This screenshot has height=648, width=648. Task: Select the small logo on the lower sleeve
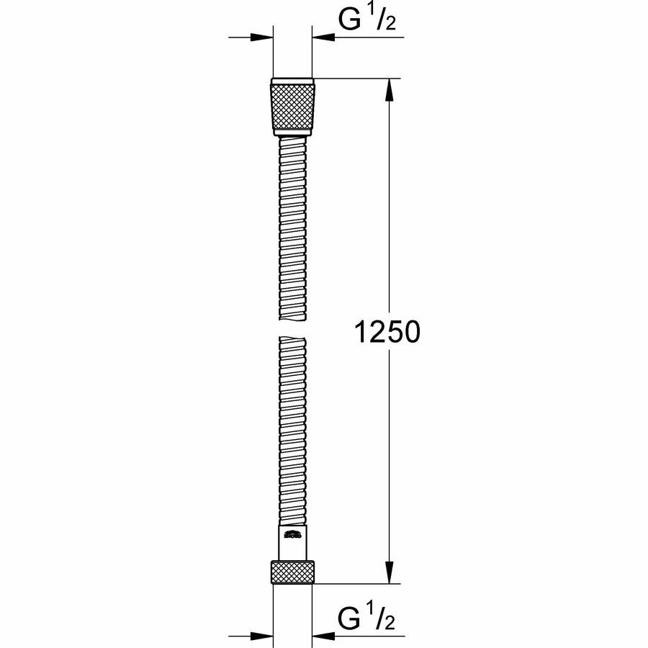coord(292,534)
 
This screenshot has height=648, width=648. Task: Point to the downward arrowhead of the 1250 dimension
coord(390,572)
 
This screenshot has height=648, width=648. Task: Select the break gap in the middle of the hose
coord(292,329)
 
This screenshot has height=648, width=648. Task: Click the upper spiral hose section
coord(292,230)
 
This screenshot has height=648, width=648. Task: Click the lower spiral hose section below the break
coord(292,432)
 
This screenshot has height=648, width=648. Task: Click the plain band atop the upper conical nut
coord(293,81)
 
